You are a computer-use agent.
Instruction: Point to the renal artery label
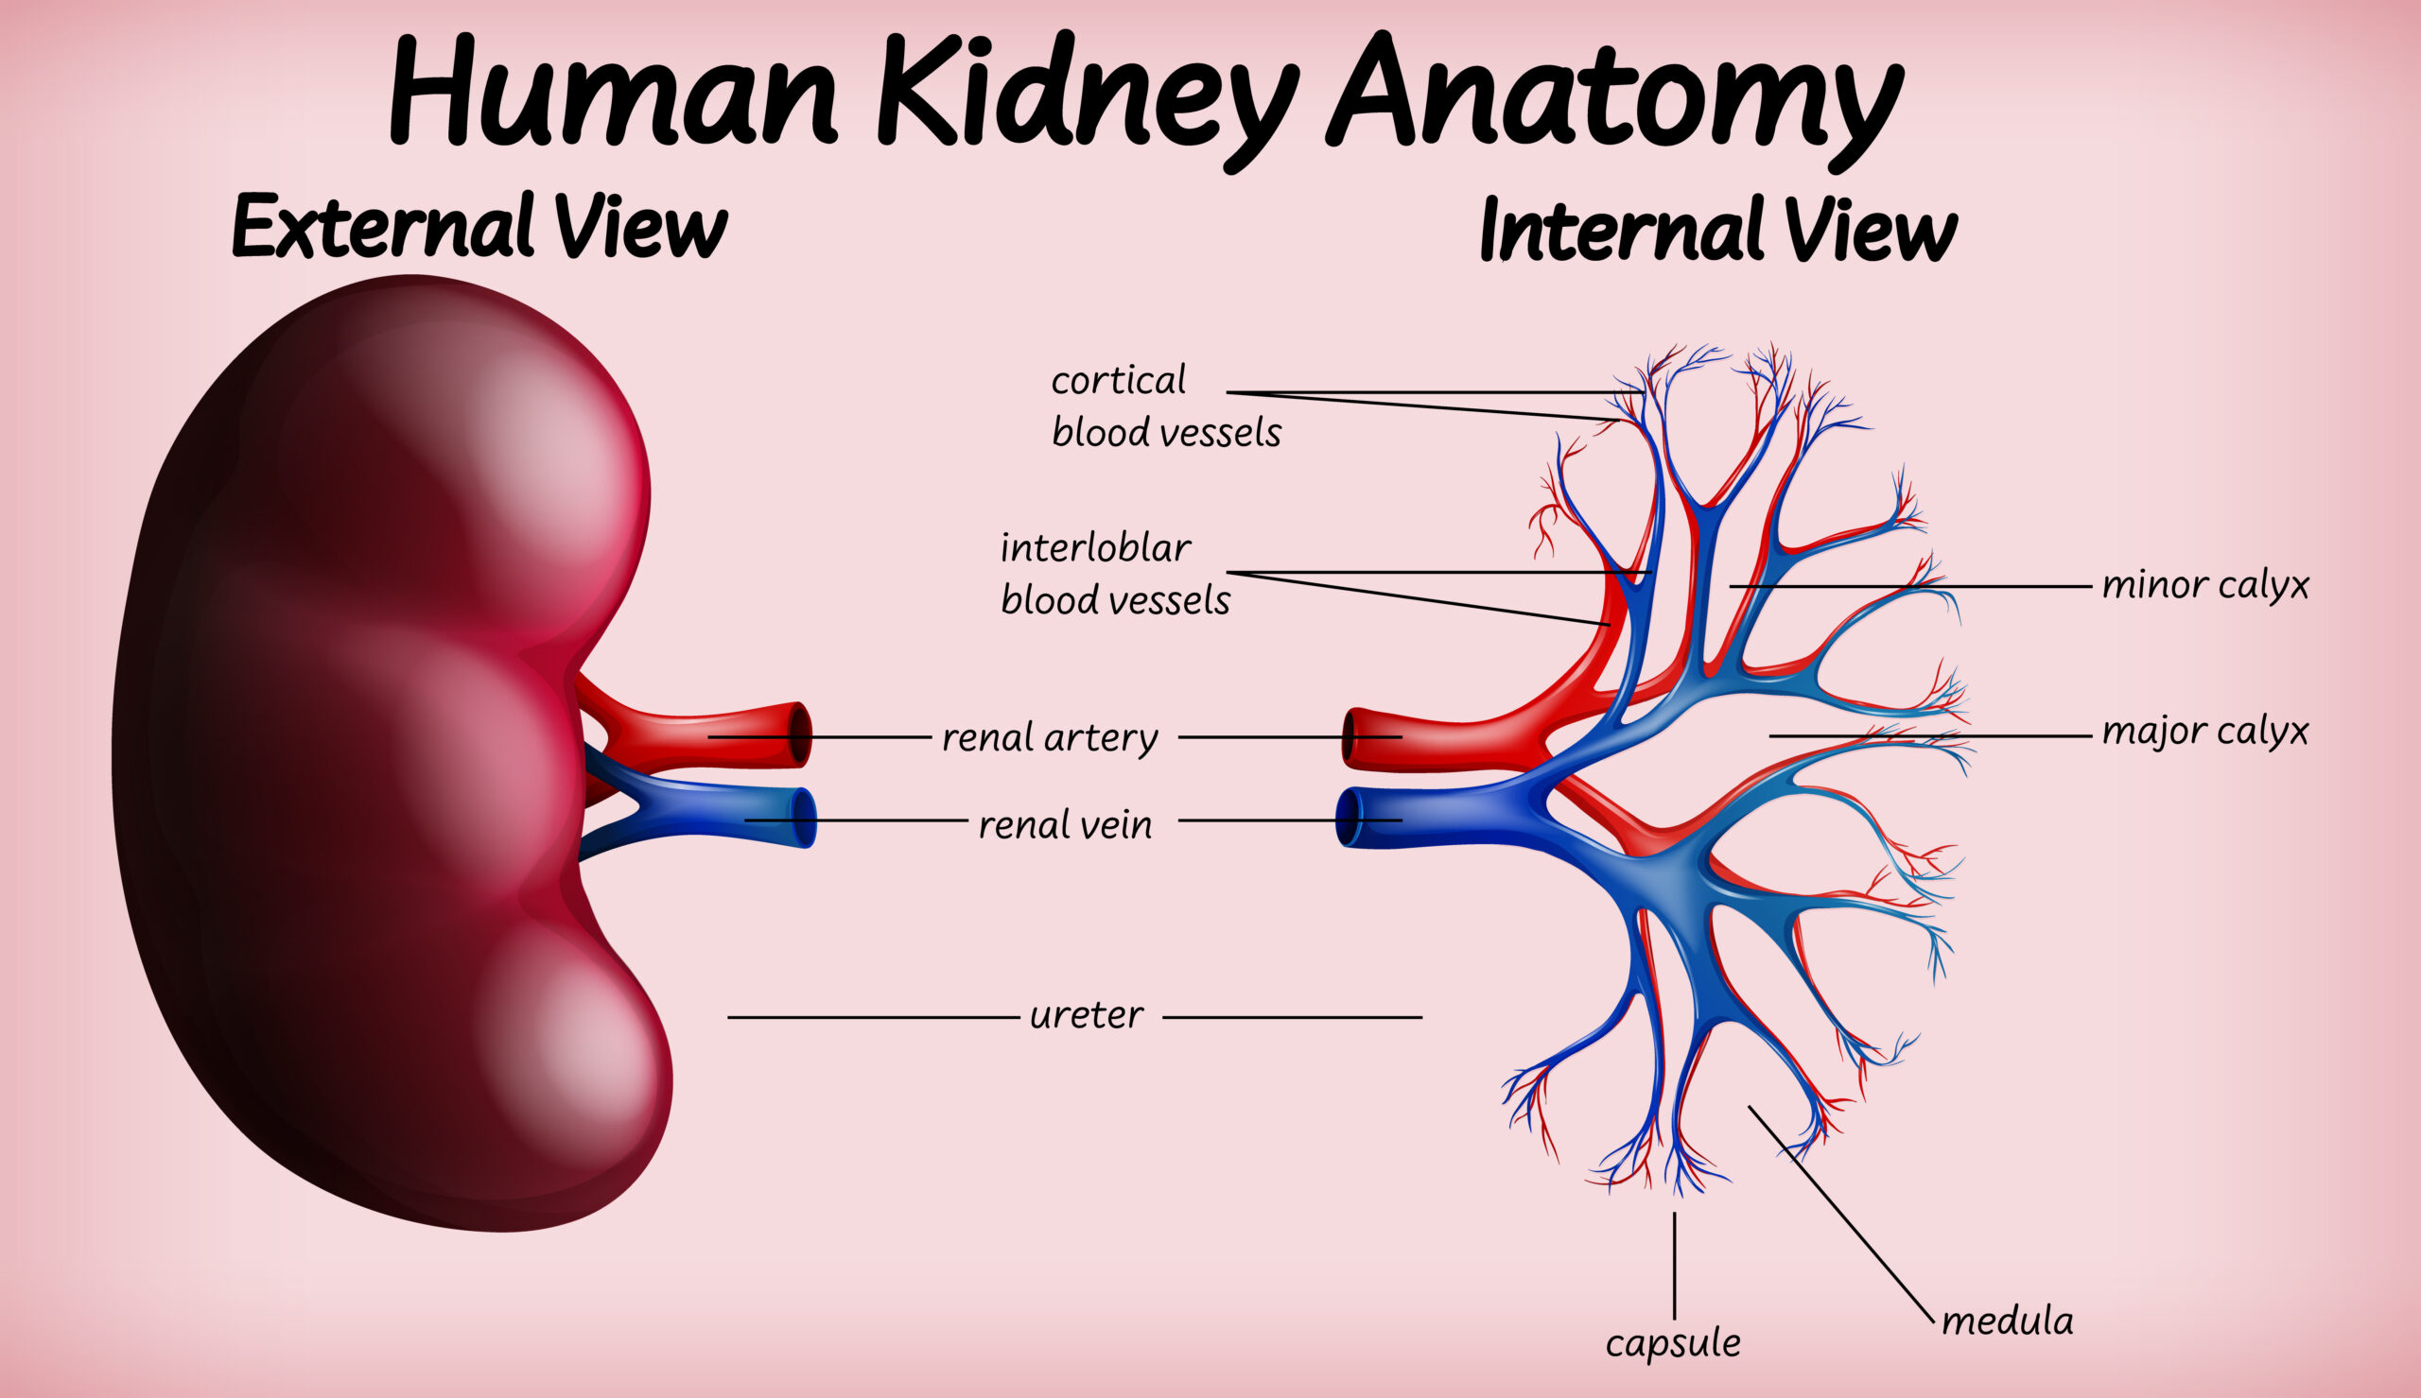1050,738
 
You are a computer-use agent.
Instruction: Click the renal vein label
1065,825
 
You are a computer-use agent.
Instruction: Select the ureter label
1086,1016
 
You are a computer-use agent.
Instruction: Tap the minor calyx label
2206,585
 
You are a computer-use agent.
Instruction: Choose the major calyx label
2206,732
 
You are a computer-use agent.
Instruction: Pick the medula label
2008,1321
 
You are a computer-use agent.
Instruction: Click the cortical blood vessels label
1166,407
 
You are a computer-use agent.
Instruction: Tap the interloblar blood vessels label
1115,574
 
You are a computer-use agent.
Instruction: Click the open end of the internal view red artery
1350,738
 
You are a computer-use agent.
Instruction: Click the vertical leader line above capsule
1675,1266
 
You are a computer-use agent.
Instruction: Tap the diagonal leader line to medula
1841,1215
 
